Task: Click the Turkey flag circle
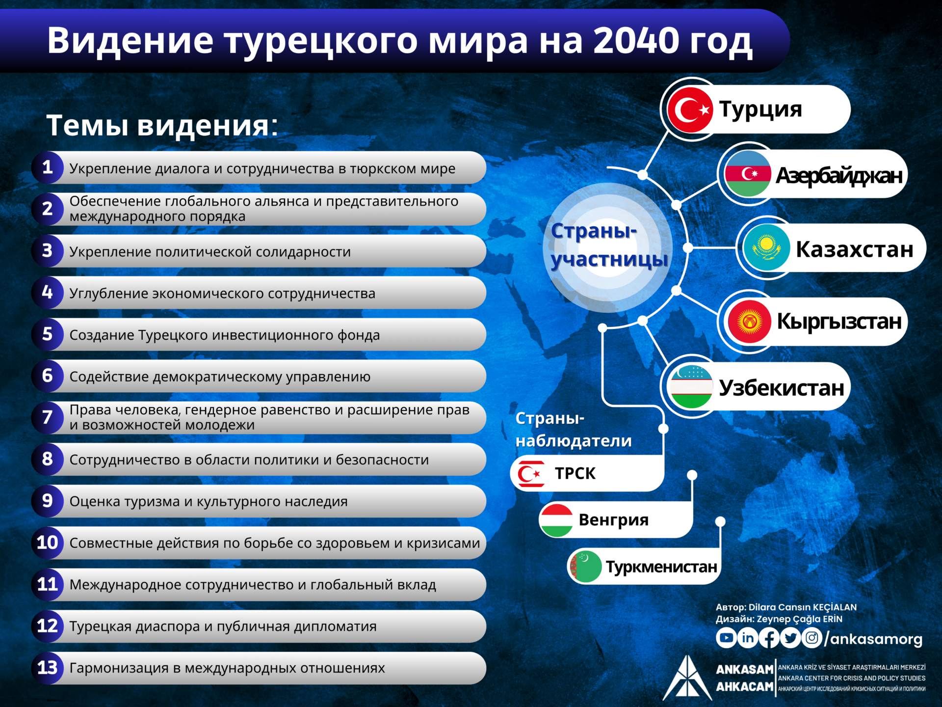690,109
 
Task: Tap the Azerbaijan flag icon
748,174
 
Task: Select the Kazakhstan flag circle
766,248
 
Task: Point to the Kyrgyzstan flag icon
749,322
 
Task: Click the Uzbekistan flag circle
691,387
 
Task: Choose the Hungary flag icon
556,520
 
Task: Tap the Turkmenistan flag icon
585,567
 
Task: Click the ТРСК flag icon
530,474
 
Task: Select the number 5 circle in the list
48,334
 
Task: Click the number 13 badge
48,668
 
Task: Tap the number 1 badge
48,167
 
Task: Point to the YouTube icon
726,638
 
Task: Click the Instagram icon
812,638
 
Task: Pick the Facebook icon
769,638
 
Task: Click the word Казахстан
854,249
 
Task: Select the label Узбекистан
782,388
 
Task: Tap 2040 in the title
635,40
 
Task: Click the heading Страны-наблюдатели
574,430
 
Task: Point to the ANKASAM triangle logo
687,678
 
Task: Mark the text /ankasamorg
874,639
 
